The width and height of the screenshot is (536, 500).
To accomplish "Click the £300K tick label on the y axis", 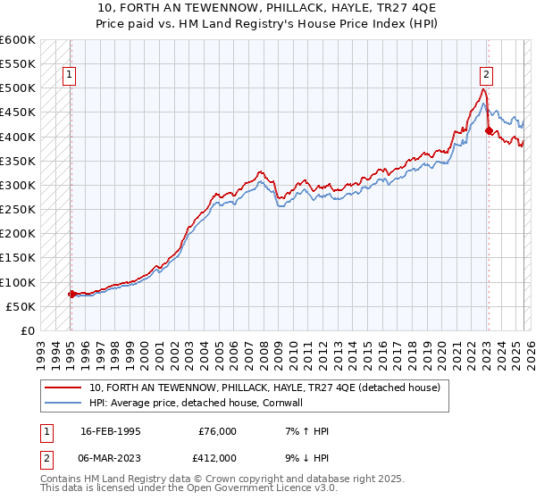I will [x=17, y=185].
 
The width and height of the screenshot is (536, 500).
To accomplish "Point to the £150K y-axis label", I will [x=17, y=258].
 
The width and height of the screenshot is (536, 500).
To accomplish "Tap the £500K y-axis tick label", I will [x=17, y=88].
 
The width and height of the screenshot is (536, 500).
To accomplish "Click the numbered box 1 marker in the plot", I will [x=70, y=76].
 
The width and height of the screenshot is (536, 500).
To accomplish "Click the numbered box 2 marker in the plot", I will [x=487, y=76].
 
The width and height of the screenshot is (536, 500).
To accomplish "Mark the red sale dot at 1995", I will [x=71, y=294].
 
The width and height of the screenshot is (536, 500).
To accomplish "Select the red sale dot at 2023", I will [x=489, y=131].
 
